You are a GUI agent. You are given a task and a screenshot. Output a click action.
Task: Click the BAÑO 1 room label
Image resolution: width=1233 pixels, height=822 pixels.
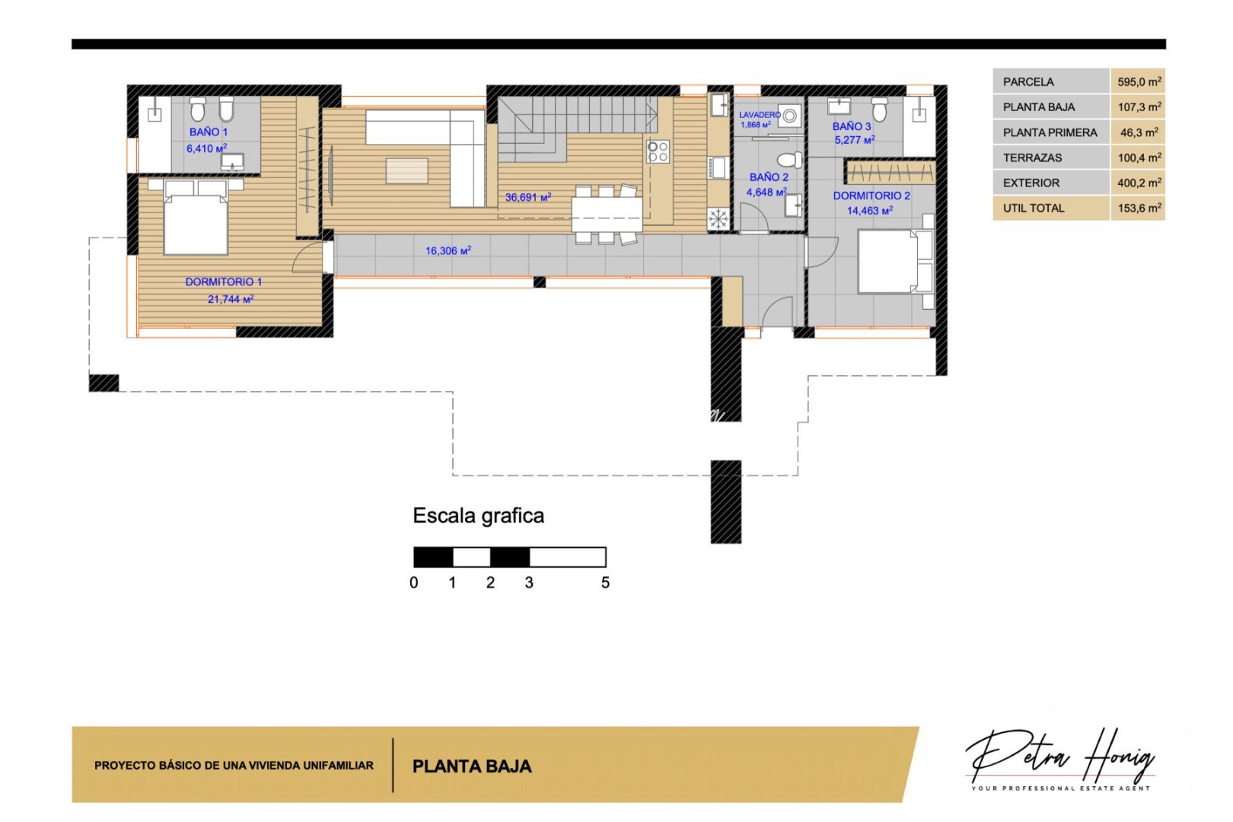(x=208, y=132)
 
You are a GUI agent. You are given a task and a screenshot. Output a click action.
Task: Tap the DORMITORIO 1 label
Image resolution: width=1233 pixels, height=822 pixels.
(x=223, y=282)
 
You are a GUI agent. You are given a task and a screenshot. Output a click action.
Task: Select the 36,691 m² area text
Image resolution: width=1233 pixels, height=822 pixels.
(x=527, y=197)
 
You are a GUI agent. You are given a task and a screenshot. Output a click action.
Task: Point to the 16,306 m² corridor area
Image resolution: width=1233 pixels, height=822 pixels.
(x=448, y=250)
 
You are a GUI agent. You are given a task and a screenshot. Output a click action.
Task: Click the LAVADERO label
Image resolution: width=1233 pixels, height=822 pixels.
(x=759, y=115)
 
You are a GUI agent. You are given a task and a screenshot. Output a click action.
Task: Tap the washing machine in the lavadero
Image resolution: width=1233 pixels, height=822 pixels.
(x=790, y=116)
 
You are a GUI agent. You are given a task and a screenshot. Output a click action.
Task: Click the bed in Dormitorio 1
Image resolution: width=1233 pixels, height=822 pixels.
(x=196, y=225)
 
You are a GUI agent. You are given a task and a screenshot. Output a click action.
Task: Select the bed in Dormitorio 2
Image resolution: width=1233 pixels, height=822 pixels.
(x=887, y=261)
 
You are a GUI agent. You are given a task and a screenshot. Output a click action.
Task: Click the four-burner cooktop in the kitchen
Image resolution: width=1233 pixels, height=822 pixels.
(x=658, y=151)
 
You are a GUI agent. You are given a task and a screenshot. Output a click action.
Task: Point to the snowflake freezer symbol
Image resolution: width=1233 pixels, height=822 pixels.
(x=718, y=219)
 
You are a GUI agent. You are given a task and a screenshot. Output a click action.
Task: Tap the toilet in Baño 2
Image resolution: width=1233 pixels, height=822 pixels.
(x=789, y=160)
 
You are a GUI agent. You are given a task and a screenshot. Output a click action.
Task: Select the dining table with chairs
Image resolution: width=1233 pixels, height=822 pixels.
(x=607, y=214)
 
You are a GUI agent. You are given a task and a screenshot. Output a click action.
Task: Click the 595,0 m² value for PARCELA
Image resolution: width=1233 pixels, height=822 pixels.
(x=1139, y=81)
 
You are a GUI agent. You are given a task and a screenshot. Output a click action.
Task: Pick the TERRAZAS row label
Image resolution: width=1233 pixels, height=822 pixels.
(x=1032, y=158)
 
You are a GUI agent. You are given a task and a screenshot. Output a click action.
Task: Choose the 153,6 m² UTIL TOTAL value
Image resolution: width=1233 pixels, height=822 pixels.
(x=1139, y=208)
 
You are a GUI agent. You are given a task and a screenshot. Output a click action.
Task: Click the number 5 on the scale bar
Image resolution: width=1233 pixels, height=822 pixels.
(x=605, y=583)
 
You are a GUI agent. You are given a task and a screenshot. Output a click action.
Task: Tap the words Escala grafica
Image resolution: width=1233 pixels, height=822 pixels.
(x=478, y=516)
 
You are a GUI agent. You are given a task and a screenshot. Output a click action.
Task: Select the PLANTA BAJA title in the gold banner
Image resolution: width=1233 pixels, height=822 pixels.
(x=472, y=766)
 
